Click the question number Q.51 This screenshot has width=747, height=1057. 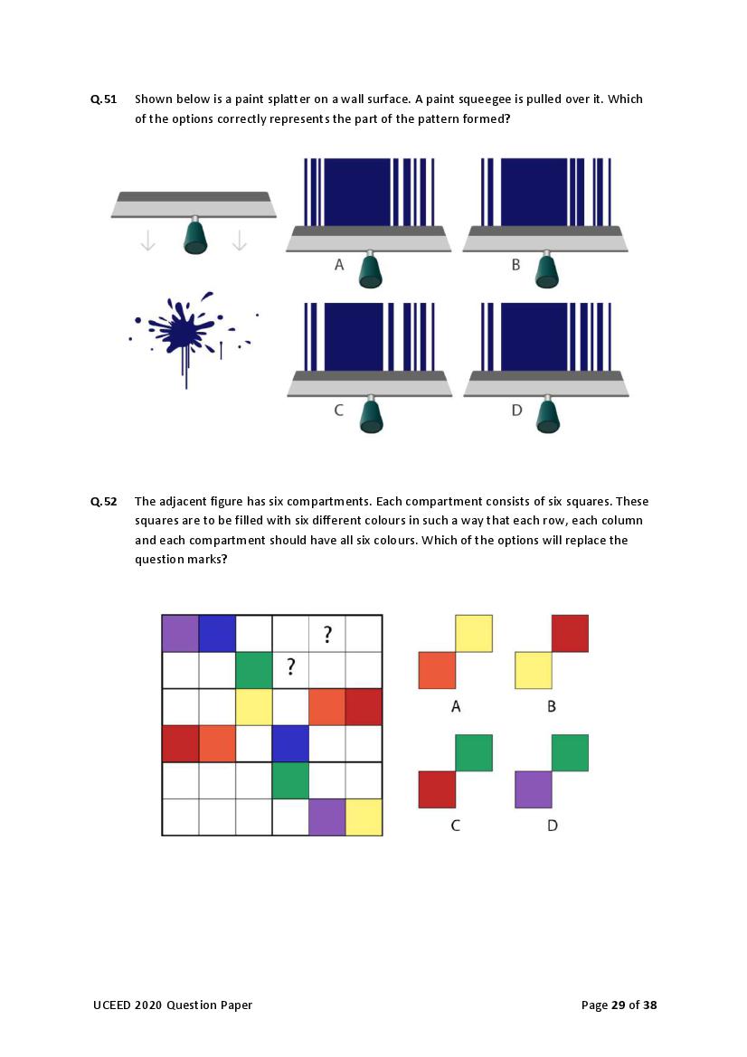click(x=103, y=99)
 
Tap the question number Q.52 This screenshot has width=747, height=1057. click(x=103, y=502)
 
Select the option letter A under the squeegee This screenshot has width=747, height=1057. click(x=339, y=265)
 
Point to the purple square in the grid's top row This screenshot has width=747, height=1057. click(x=181, y=634)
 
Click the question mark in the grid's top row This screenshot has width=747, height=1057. click(x=327, y=635)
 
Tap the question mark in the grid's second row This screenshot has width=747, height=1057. click(x=290, y=666)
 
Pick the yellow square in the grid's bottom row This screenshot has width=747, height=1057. click(x=364, y=817)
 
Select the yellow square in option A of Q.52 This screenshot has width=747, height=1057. click(x=474, y=634)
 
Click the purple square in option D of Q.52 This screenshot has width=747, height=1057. click(x=534, y=789)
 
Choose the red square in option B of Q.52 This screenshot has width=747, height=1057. click(x=571, y=634)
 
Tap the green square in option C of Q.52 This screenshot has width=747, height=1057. click(x=474, y=753)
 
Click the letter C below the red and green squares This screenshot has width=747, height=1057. click(x=456, y=826)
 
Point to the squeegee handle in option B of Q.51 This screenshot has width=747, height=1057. click(x=547, y=270)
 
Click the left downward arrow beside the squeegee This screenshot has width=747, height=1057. click(x=147, y=240)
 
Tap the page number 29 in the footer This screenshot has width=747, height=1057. click(x=619, y=1005)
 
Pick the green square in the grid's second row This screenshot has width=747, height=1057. click(x=254, y=670)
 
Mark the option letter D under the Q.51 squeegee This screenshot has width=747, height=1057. click(x=517, y=410)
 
